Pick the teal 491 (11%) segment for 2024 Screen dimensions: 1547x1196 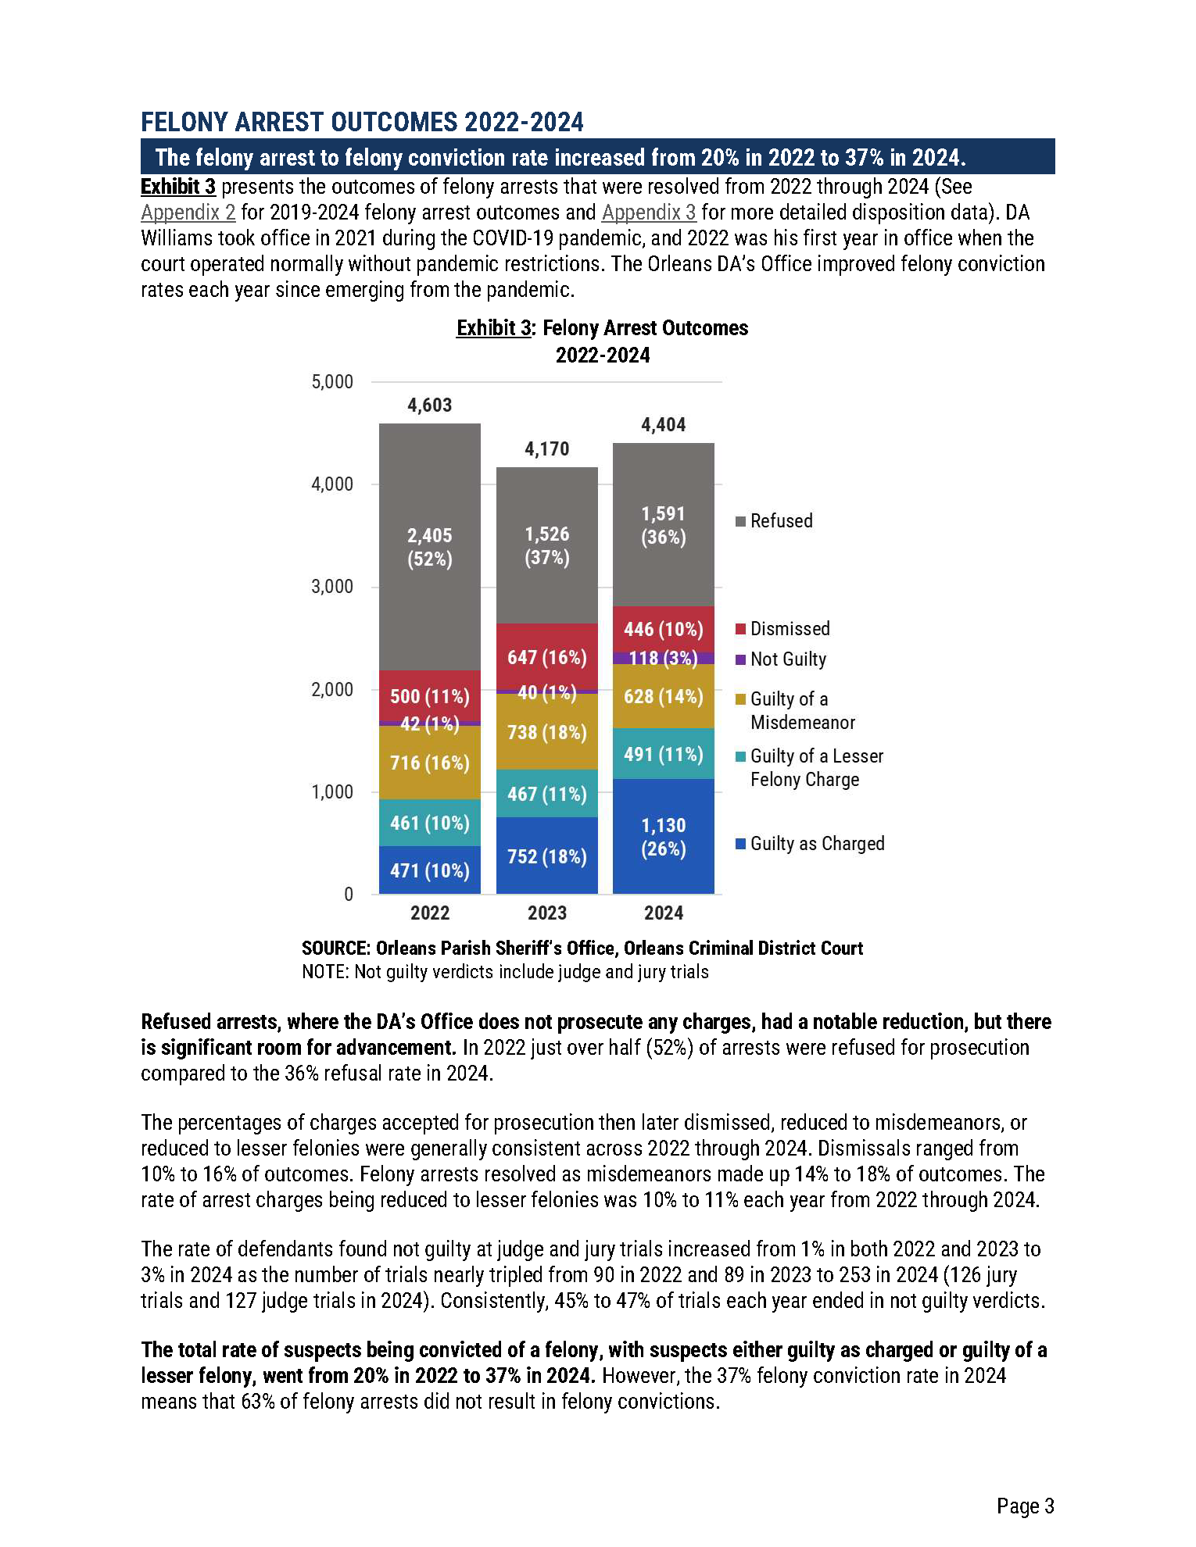point(663,754)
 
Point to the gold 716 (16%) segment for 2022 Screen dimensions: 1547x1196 point(429,763)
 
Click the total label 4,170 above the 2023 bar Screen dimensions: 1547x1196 point(546,449)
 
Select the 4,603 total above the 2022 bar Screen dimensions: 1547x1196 point(429,406)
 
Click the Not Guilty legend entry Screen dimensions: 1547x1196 point(787,659)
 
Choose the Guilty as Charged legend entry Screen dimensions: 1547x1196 point(816,844)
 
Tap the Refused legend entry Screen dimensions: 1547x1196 point(780,521)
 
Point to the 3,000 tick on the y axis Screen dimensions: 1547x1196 point(332,587)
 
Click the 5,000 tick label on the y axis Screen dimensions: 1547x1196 point(332,382)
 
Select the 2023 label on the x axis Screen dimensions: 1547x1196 point(546,913)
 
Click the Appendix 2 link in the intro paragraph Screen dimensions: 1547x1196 point(188,213)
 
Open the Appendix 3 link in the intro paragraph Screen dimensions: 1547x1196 point(648,213)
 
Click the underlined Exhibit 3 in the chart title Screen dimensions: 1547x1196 point(493,328)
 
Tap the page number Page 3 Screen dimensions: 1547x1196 point(1025,1506)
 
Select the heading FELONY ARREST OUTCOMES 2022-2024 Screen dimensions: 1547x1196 point(362,123)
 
